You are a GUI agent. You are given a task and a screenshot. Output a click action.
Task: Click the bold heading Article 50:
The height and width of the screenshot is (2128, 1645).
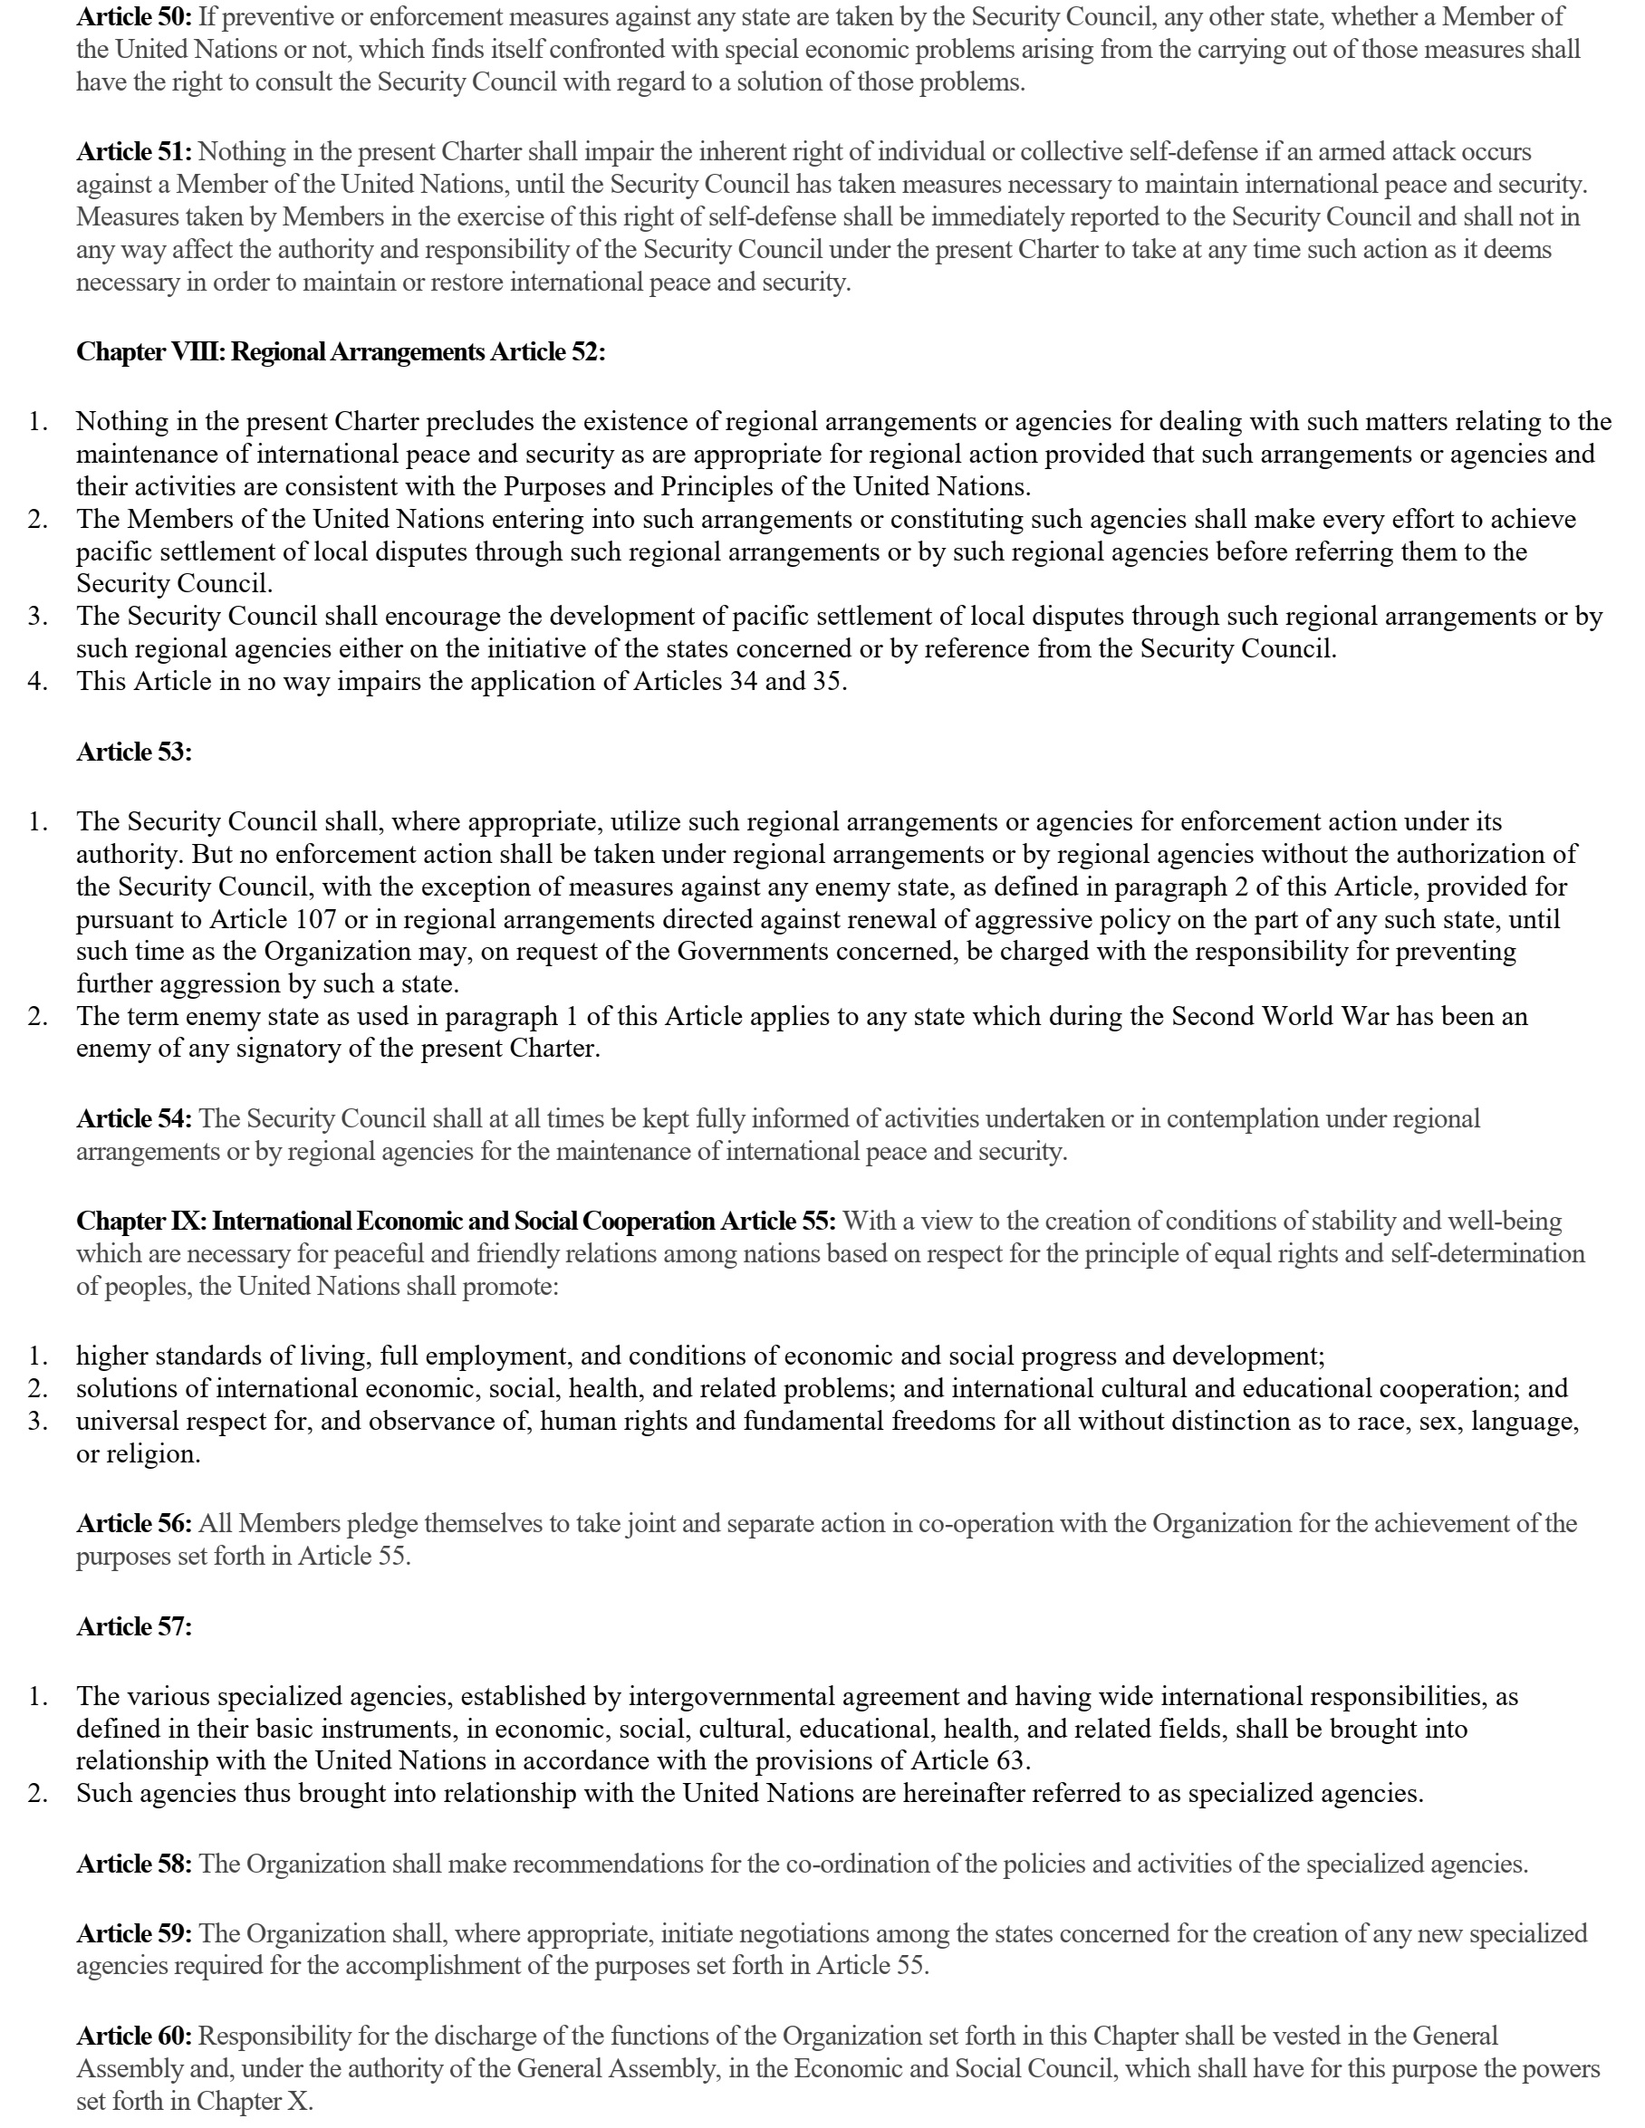[134, 16]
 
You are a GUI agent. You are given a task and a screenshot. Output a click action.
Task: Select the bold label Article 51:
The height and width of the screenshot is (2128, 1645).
[134, 152]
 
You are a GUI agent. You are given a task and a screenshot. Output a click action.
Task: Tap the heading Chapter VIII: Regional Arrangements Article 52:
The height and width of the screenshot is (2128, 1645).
[340, 351]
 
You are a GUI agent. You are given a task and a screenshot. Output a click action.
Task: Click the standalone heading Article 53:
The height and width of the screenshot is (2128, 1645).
[134, 752]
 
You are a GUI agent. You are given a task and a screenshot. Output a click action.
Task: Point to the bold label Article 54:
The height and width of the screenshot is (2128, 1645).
[134, 1118]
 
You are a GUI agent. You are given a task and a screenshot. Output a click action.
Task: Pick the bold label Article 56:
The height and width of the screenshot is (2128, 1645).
[134, 1523]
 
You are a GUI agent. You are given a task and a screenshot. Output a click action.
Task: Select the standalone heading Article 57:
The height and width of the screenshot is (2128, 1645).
[134, 1626]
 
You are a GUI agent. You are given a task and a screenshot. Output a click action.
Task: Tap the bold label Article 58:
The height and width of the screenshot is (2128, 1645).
[134, 1864]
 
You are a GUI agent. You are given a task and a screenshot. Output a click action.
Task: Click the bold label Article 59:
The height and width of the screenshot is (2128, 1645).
[134, 1933]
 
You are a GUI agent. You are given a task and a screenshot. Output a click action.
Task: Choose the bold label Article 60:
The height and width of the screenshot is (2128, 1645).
[134, 2036]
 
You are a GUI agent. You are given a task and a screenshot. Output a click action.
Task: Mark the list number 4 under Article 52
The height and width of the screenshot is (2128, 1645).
[37, 681]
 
